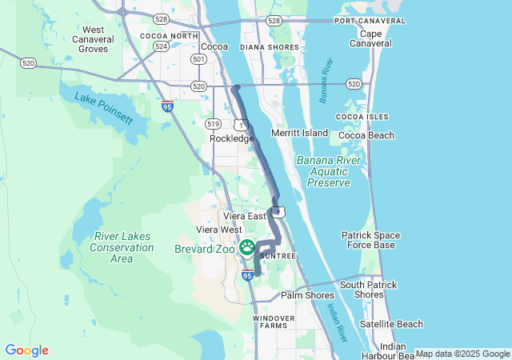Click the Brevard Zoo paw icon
coord(248,248)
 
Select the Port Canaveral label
coord(366,20)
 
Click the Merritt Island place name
coord(300,132)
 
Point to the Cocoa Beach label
coord(366,135)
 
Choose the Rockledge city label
coord(231,138)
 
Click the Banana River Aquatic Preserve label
coord(324,171)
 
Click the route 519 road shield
coord(213,123)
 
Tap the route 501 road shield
coord(198,59)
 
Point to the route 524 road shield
coord(161,46)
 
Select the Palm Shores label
coord(307,295)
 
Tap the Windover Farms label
coord(274,322)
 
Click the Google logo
coord(26,350)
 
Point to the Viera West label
coord(219,230)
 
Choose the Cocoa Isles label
coord(362,117)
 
